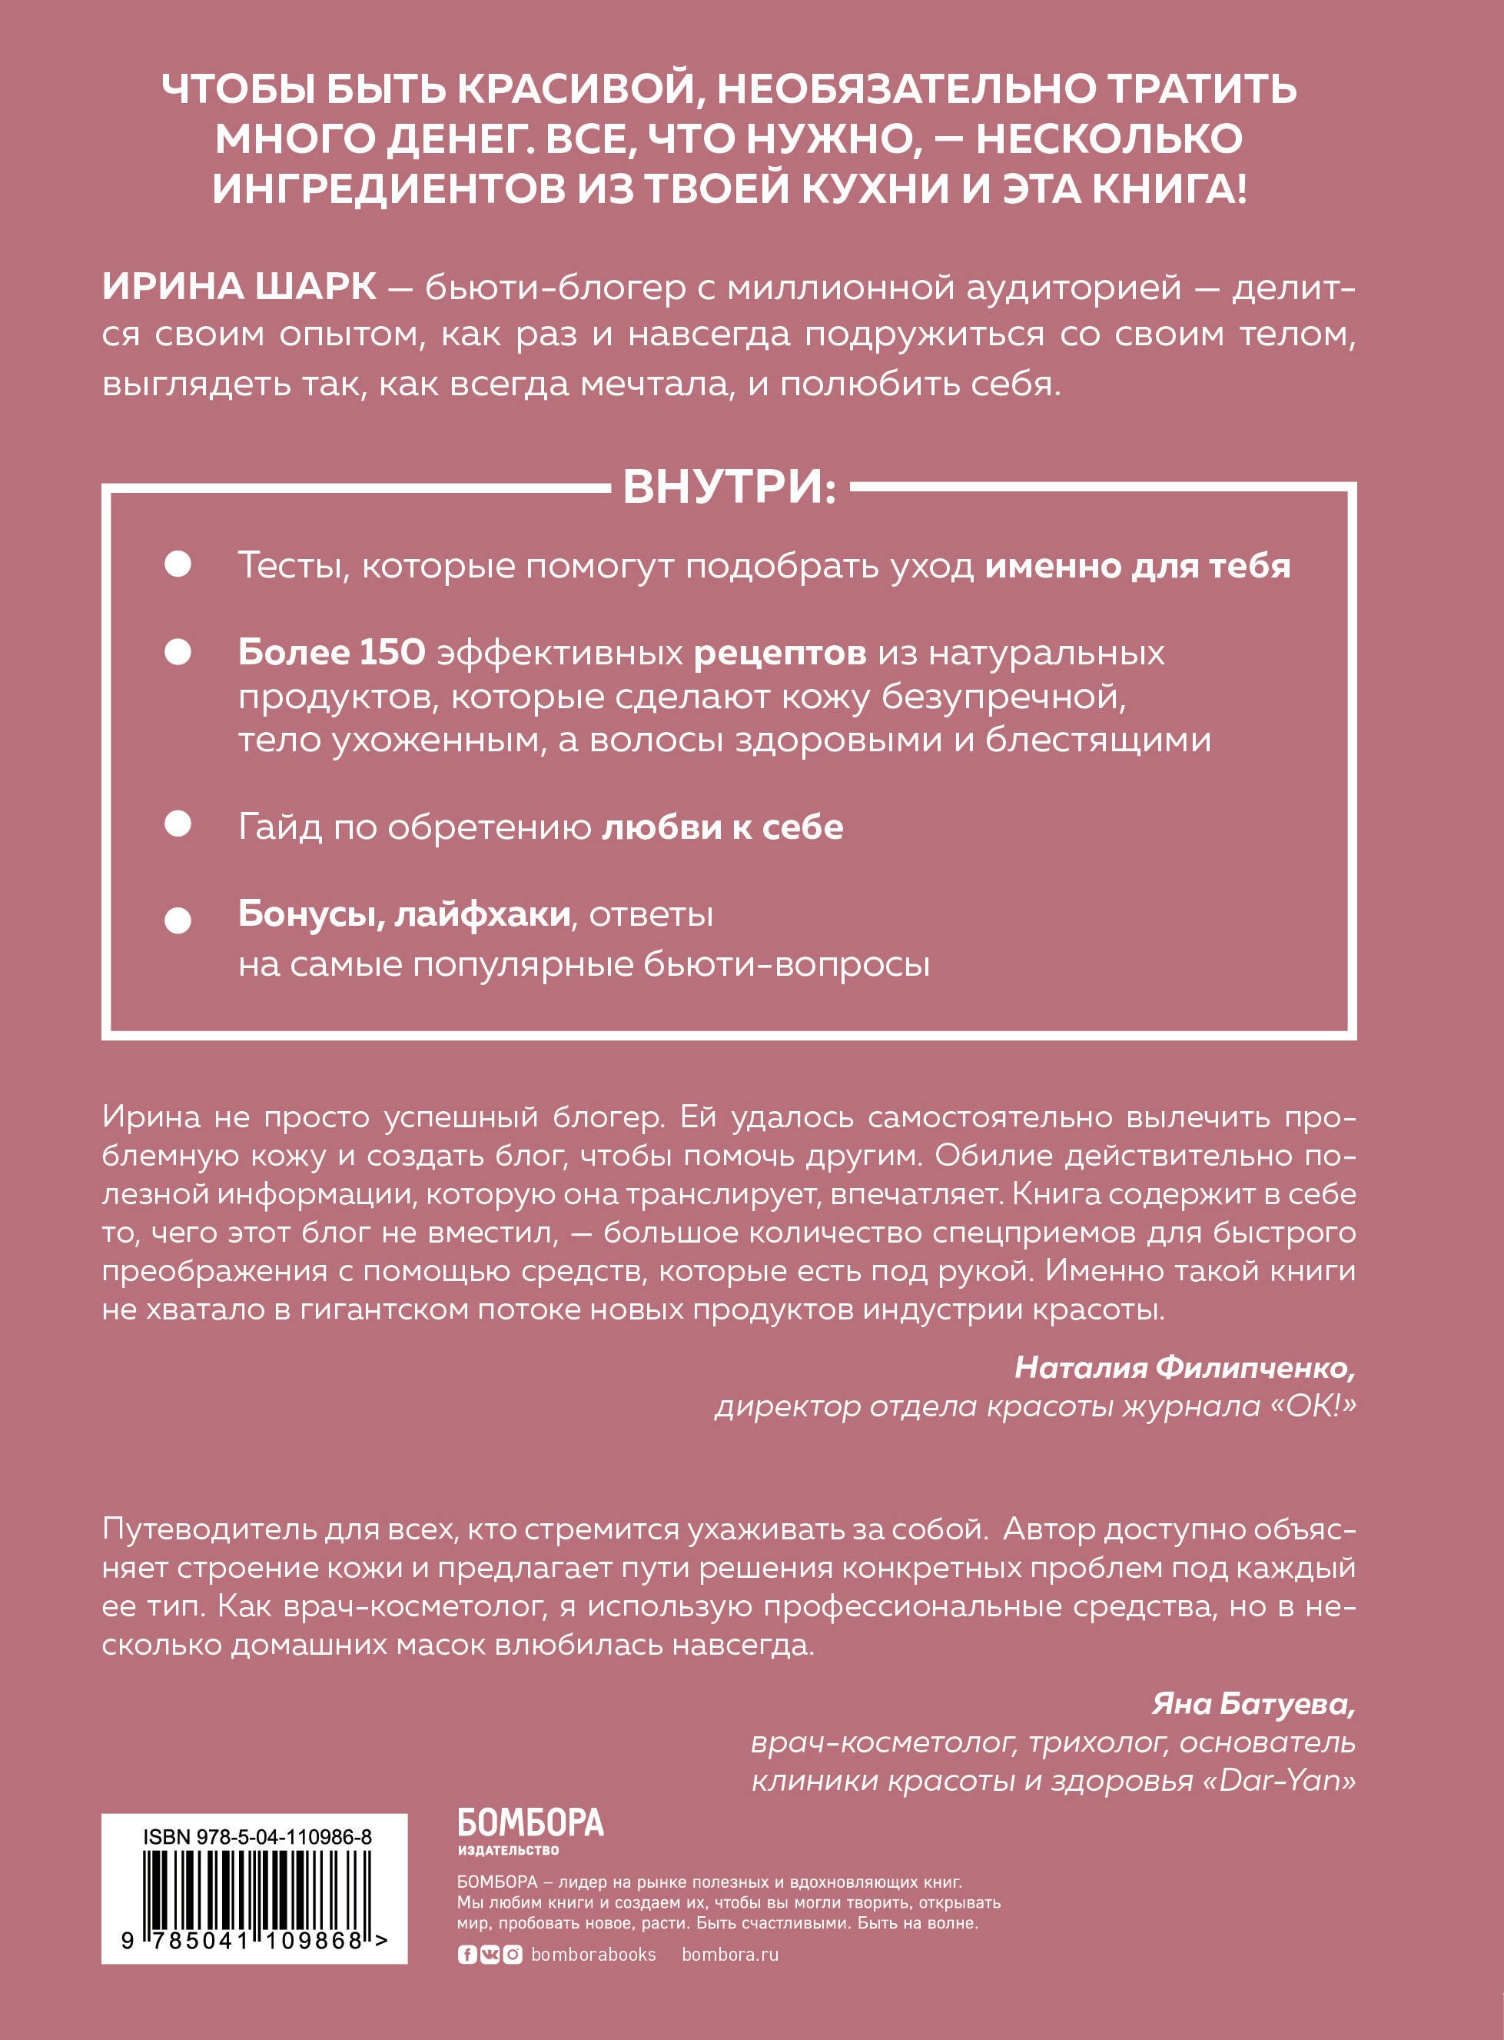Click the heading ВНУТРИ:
click(x=729, y=488)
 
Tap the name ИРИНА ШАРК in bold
click(x=238, y=288)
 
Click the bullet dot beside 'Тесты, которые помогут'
click(x=178, y=564)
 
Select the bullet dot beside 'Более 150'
click(x=178, y=652)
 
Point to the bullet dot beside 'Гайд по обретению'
click(x=178, y=824)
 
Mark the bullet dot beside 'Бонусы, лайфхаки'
click(x=178, y=920)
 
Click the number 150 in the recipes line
click(x=393, y=652)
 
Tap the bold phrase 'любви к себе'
click(x=722, y=827)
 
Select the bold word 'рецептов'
click(x=779, y=653)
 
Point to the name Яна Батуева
click(x=1253, y=1703)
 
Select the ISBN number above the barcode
click(x=257, y=1836)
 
